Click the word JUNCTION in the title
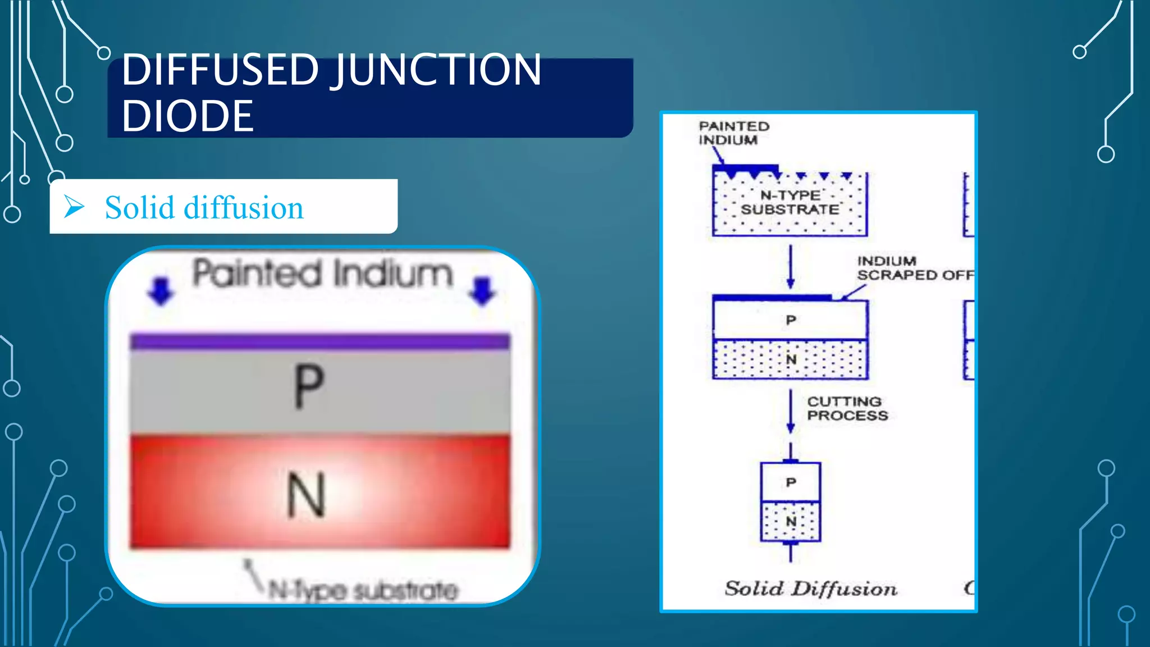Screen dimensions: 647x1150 pyautogui.click(x=438, y=70)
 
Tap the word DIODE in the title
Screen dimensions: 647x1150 pyautogui.click(x=188, y=116)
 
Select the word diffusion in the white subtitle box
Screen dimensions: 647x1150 pyautogui.click(x=244, y=208)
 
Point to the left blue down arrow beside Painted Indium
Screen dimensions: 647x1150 pyautogui.click(x=161, y=290)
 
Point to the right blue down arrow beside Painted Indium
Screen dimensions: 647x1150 pyautogui.click(x=482, y=290)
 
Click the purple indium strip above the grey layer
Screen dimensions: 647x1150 pyautogui.click(x=320, y=341)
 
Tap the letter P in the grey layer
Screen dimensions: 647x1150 pyautogui.click(x=308, y=386)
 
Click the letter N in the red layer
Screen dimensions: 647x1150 pyautogui.click(x=306, y=495)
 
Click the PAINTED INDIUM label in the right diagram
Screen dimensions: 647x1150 pyautogui.click(x=733, y=133)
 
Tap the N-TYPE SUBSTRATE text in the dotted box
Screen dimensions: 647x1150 pyautogui.click(x=790, y=203)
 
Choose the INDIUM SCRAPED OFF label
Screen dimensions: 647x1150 pyautogui.click(x=914, y=268)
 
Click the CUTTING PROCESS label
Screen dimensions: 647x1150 pyautogui.click(x=847, y=409)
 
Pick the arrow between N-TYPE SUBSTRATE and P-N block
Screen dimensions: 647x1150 pyautogui.click(x=791, y=267)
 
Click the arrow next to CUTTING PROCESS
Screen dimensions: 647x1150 pyautogui.click(x=791, y=411)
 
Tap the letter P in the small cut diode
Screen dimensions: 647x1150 pyautogui.click(x=791, y=482)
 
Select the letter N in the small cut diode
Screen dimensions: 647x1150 pyautogui.click(x=791, y=522)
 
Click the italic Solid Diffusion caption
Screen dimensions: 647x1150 pyautogui.click(x=811, y=589)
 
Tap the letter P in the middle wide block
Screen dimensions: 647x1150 pyautogui.click(x=791, y=320)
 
